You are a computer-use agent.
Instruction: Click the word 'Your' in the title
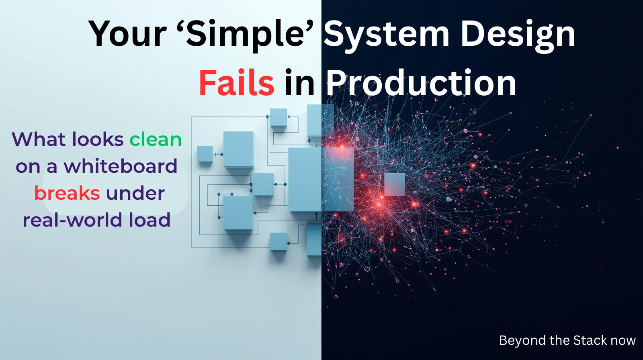click(127, 34)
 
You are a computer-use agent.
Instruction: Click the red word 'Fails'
click(237, 83)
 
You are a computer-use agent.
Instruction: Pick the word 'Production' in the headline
click(421, 83)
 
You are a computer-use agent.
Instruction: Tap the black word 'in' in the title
click(299, 83)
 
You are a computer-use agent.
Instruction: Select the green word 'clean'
click(156, 139)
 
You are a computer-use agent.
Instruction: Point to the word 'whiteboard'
click(121, 166)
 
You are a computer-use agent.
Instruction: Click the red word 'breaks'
click(67, 193)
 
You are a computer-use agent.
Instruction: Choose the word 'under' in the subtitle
click(135, 193)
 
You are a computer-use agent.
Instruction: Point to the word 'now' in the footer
click(623, 341)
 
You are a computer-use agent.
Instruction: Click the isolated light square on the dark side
click(394, 184)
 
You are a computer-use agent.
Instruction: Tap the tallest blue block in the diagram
click(305, 179)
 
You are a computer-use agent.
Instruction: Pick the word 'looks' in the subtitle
click(98, 139)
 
